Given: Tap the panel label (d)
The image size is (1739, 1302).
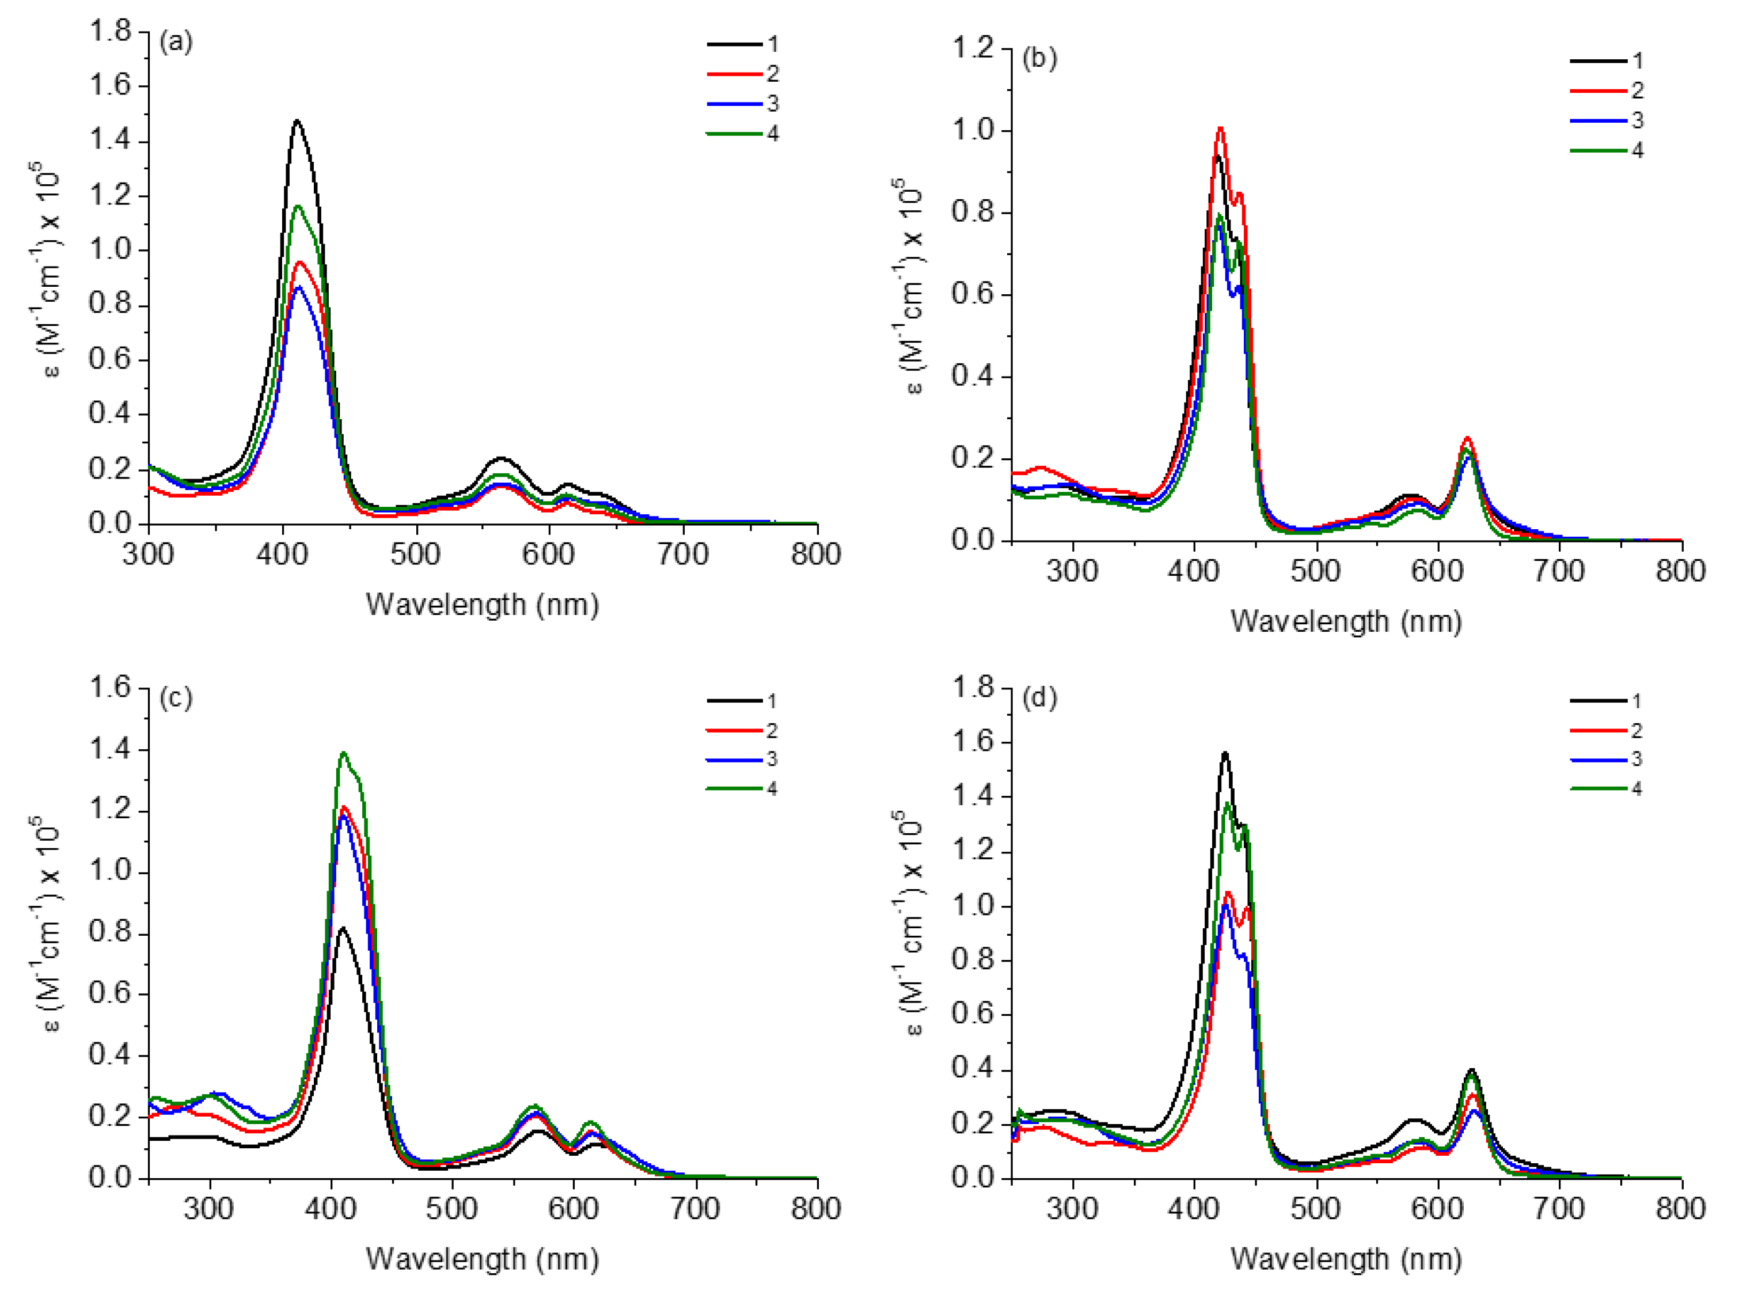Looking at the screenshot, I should pyautogui.click(x=1039, y=698).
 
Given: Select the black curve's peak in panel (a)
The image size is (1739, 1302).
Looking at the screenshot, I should pyautogui.click(x=297, y=121).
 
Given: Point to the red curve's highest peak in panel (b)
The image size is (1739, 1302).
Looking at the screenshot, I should pyautogui.click(x=1220, y=128).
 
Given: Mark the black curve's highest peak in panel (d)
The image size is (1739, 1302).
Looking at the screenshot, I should pyautogui.click(x=1225, y=753).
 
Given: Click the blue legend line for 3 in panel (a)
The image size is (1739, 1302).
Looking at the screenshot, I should pyautogui.click(x=734, y=104).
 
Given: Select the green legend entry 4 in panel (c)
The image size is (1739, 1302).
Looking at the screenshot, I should pyautogui.click(x=734, y=788).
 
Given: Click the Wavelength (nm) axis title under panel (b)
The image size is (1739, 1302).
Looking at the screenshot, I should pyautogui.click(x=1346, y=621).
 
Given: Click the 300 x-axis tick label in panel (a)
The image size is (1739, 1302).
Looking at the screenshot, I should pyautogui.click(x=148, y=555).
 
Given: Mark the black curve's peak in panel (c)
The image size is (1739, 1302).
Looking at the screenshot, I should pyautogui.click(x=342, y=928).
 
